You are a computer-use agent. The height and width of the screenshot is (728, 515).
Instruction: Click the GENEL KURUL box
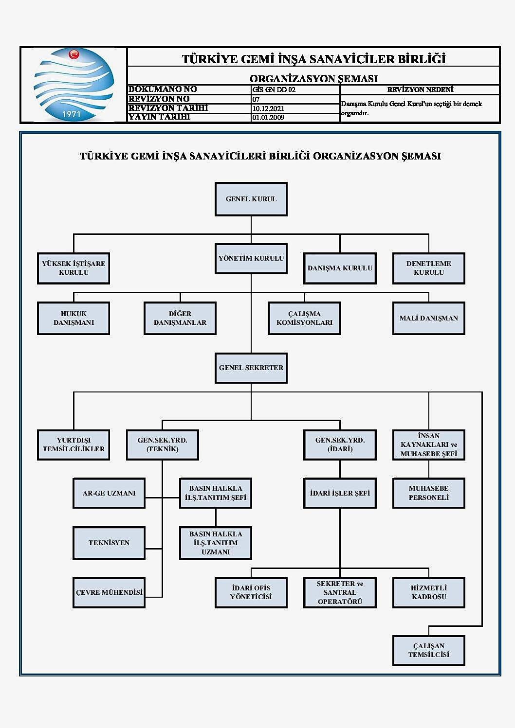tap(251, 199)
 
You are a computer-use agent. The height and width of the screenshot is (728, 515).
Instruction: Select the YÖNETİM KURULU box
tap(251, 258)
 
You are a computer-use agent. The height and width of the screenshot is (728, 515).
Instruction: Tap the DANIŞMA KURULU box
tap(340, 268)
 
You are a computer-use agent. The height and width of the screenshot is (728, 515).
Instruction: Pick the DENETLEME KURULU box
tap(428, 268)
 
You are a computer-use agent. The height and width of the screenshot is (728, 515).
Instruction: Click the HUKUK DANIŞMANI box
tap(74, 318)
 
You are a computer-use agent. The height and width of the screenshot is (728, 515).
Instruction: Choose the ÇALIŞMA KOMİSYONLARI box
tap(304, 318)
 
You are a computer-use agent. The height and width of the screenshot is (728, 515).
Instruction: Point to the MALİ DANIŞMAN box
tap(428, 318)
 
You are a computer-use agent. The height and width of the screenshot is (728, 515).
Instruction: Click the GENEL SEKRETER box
tap(251, 368)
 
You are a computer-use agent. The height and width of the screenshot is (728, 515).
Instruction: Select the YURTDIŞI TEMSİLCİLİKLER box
tap(74, 444)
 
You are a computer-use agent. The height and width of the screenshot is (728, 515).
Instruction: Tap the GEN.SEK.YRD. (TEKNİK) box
tap(162, 444)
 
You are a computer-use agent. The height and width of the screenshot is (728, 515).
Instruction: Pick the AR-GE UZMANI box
tap(109, 493)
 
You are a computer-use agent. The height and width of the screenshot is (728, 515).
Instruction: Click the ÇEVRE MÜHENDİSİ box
tap(109, 592)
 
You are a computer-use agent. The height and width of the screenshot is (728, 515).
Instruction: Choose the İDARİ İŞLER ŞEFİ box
tap(340, 493)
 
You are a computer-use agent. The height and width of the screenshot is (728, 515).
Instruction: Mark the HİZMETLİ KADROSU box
tap(428, 592)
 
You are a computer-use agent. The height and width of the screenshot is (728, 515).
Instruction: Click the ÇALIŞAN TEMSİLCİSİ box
tap(428, 650)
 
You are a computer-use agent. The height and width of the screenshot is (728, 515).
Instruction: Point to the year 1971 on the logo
tap(72, 114)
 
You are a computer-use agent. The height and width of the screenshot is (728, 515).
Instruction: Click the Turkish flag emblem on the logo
tap(74, 54)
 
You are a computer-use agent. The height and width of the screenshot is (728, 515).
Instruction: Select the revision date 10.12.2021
tap(268, 108)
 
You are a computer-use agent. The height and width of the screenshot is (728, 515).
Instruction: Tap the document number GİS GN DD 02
tap(274, 89)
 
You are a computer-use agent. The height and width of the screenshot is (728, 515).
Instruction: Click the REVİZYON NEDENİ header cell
tap(420, 89)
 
